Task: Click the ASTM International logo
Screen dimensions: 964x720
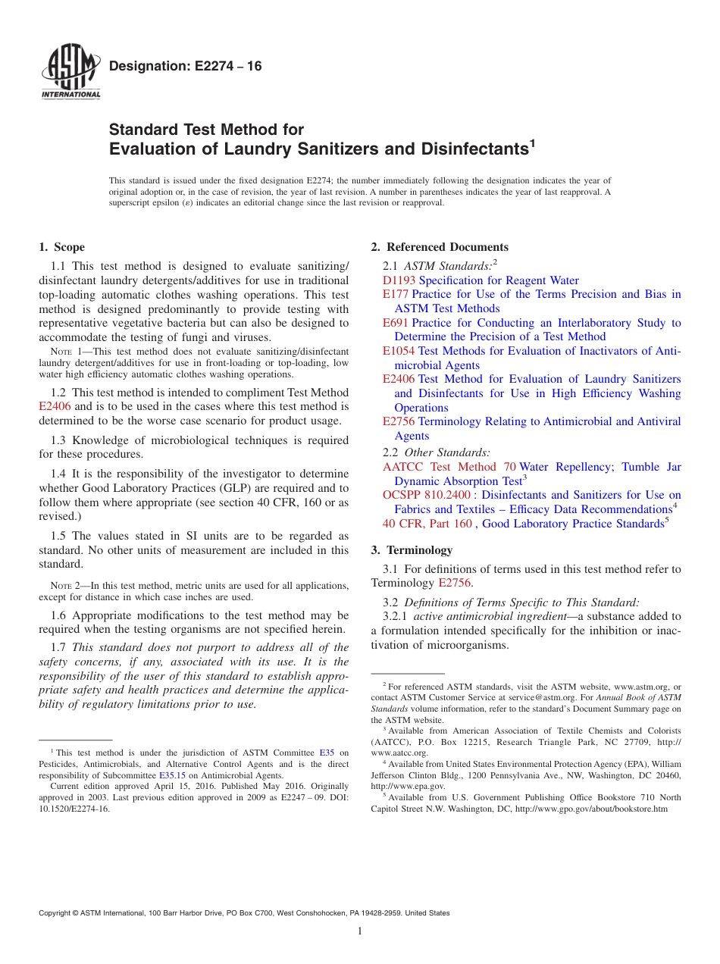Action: point(70,72)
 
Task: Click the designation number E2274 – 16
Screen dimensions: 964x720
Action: point(186,67)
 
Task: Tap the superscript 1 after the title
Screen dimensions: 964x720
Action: point(532,142)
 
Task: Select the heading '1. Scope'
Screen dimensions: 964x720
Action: point(61,247)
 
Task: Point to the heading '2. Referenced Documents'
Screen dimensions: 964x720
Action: point(440,247)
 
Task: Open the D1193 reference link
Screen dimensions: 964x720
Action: point(399,280)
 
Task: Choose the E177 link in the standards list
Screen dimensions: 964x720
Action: point(396,294)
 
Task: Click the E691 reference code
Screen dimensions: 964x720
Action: point(396,323)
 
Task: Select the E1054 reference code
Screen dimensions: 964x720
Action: point(399,351)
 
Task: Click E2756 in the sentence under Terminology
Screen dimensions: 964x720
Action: point(455,583)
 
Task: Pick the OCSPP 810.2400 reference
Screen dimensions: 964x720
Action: point(426,495)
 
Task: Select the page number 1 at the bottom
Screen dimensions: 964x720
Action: point(360,931)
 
